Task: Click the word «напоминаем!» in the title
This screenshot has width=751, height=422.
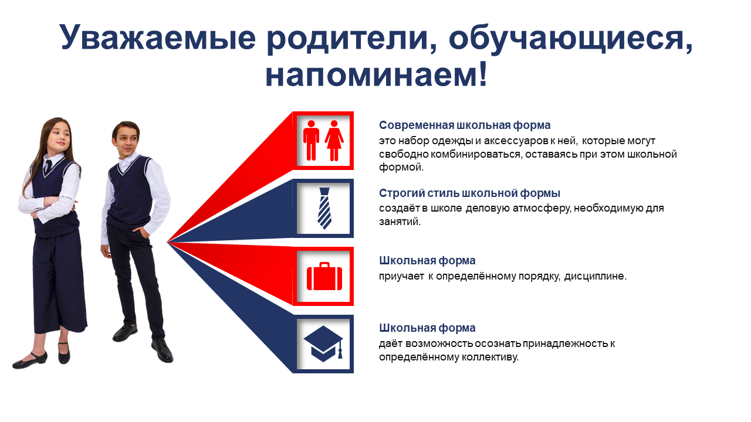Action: [x=376, y=74]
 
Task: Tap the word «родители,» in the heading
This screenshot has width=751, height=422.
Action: [x=352, y=38]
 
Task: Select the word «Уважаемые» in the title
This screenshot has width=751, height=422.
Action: [x=158, y=37]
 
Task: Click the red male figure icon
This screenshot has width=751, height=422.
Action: [x=311, y=140]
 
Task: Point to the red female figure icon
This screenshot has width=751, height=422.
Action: [x=334, y=140]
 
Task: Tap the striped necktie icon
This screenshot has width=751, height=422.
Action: [x=324, y=208]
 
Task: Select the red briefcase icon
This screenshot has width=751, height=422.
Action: [x=324, y=276]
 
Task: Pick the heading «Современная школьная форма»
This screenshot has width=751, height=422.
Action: [x=465, y=125]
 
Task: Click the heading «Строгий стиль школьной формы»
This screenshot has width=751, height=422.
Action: [x=469, y=193]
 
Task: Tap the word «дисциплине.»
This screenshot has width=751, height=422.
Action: [x=595, y=276]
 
